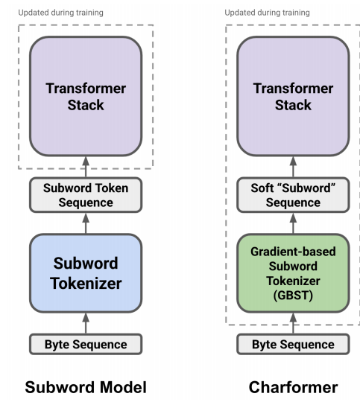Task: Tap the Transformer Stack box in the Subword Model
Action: [86, 96]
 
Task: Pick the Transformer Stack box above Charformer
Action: [293, 96]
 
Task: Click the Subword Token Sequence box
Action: [86, 195]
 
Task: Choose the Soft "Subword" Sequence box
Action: [293, 195]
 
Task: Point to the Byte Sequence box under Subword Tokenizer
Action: [86, 345]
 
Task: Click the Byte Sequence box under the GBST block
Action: [293, 345]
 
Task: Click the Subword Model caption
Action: [86, 387]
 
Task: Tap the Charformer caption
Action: [293, 387]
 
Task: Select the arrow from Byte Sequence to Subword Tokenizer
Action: [86, 324]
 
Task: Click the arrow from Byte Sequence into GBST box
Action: [293, 324]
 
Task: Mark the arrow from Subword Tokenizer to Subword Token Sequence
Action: [86, 223]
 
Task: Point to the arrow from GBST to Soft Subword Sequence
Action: [293, 223]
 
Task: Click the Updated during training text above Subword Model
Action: [60, 13]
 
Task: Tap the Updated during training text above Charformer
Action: [268, 13]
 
